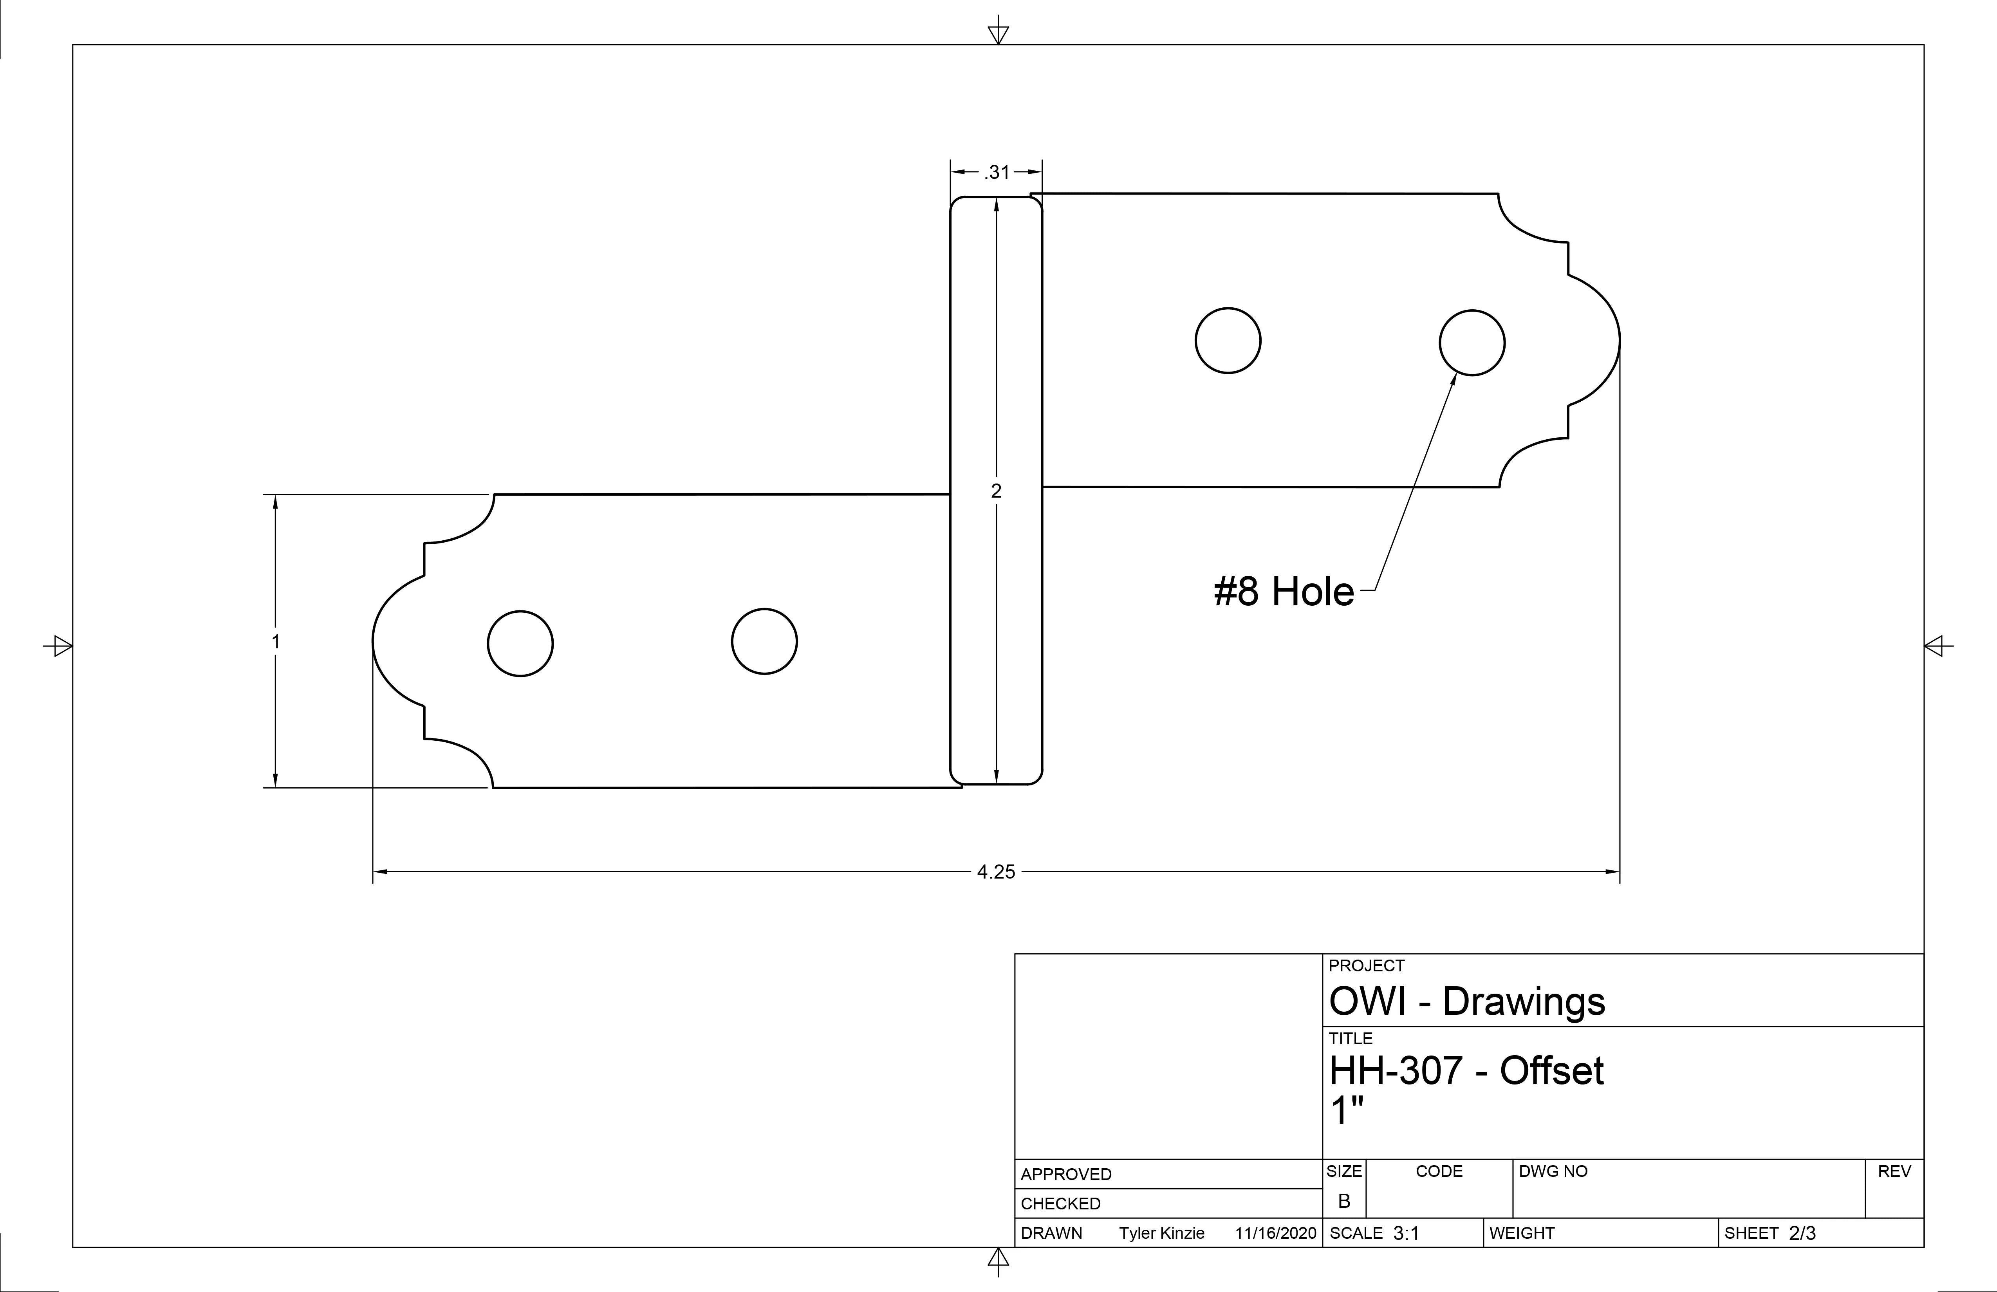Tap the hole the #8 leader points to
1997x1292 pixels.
coord(1472,342)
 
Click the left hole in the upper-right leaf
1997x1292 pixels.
coord(1228,341)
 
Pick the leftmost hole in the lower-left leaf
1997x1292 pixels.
coord(520,644)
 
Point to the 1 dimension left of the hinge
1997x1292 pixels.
coord(275,642)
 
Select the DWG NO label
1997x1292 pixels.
coord(1553,1171)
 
